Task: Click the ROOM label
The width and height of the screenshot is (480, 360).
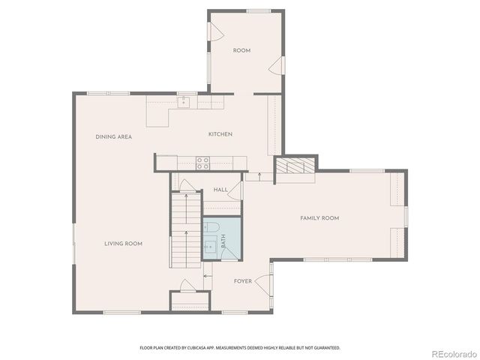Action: [x=241, y=50]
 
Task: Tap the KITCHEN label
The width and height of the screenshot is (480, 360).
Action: [x=220, y=134]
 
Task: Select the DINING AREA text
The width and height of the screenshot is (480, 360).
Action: [x=114, y=136]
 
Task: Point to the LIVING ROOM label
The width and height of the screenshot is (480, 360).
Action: [x=123, y=243]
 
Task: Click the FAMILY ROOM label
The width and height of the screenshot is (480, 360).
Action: [x=319, y=218]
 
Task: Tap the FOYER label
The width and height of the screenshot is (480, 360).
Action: [x=243, y=281]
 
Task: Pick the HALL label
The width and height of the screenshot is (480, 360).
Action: [x=220, y=190]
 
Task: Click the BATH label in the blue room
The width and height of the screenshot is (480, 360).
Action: [x=223, y=241]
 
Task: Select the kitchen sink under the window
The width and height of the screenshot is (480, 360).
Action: [x=183, y=101]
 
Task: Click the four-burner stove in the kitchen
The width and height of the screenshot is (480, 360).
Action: [x=202, y=161]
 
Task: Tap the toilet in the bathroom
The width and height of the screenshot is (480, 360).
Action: [x=212, y=226]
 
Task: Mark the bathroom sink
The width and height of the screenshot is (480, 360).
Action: [x=209, y=246]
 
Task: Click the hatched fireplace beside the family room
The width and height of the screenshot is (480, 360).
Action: [x=294, y=167]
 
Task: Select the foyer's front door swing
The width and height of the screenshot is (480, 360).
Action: [x=263, y=283]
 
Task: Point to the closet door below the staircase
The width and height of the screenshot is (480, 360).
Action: [x=187, y=286]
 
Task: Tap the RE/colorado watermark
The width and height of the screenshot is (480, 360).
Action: [x=452, y=353]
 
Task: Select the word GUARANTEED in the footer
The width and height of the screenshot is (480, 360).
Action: [x=325, y=348]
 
